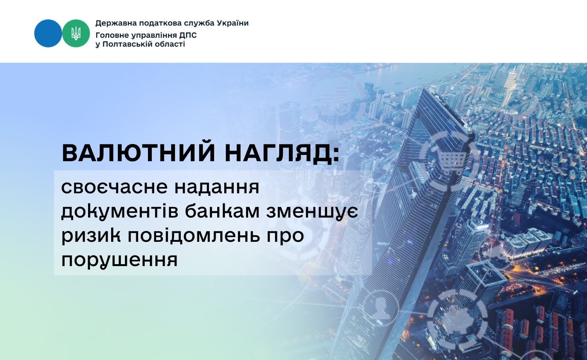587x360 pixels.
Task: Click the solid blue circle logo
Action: pyautogui.click(x=48, y=33)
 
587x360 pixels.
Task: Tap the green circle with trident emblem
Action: pyautogui.click(x=76, y=33)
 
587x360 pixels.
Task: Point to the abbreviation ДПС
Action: pyautogui.click(x=188, y=35)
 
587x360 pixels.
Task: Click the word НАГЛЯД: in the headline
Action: pyautogui.click(x=282, y=153)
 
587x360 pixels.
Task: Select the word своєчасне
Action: pyautogui.click(x=115, y=187)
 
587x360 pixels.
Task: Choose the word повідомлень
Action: pyautogui.click(x=194, y=234)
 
